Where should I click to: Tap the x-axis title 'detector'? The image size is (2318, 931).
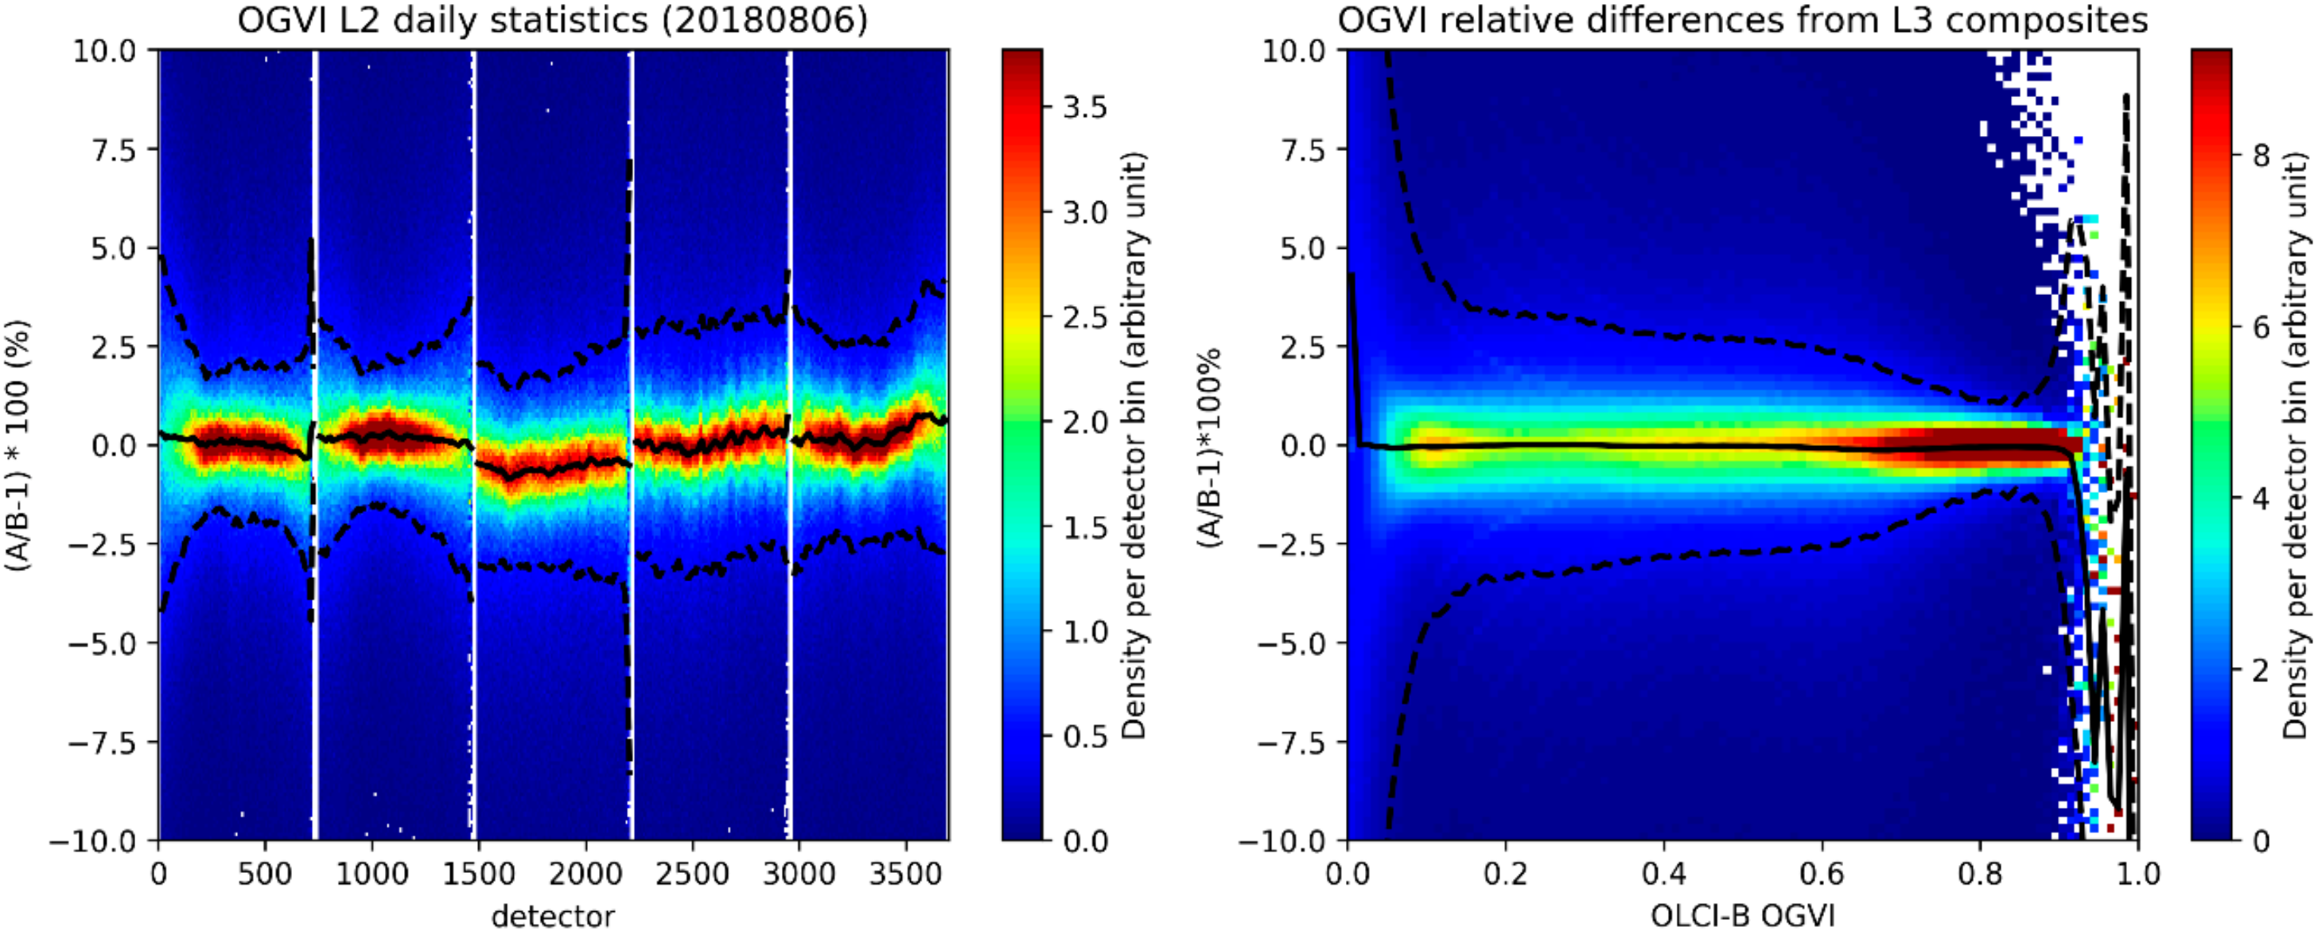[x=554, y=916]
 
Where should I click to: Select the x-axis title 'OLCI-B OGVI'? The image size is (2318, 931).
[x=1742, y=916]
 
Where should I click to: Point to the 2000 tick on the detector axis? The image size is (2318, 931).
[x=585, y=871]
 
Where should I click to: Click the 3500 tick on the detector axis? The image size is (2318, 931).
[x=906, y=871]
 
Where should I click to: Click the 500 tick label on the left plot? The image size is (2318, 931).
[x=265, y=871]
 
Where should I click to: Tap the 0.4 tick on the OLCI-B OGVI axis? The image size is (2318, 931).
[x=1664, y=871]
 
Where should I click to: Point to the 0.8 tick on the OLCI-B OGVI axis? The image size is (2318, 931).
[x=1981, y=871]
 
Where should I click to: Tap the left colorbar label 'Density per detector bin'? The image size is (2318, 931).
[x=1136, y=444]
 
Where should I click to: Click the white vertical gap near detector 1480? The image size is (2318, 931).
[x=473, y=444]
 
